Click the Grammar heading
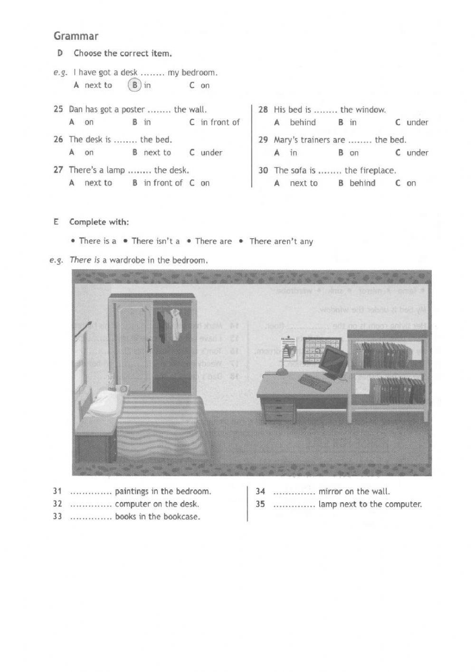click(76, 36)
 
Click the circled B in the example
click(135, 86)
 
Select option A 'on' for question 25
click(89, 122)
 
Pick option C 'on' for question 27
click(205, 183)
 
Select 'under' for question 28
click(417, 123)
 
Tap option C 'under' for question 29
click(417, 153)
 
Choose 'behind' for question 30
click(362, 184)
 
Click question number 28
click(263, 110)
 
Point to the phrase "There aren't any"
click(281, 242)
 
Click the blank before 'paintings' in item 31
click(90, 492)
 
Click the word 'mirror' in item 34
click(330, 492)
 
